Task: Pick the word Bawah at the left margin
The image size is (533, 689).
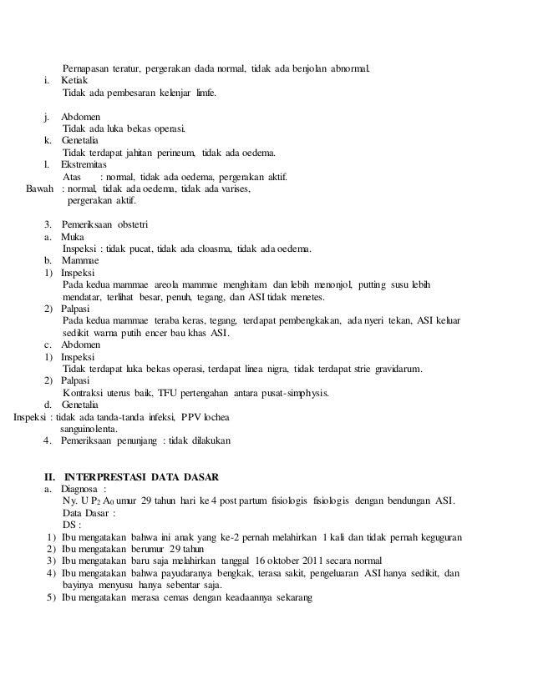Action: tap(42, 190)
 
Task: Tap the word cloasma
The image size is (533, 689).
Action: tap(211, 248)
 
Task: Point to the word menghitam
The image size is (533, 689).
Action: tap(241, 284)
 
